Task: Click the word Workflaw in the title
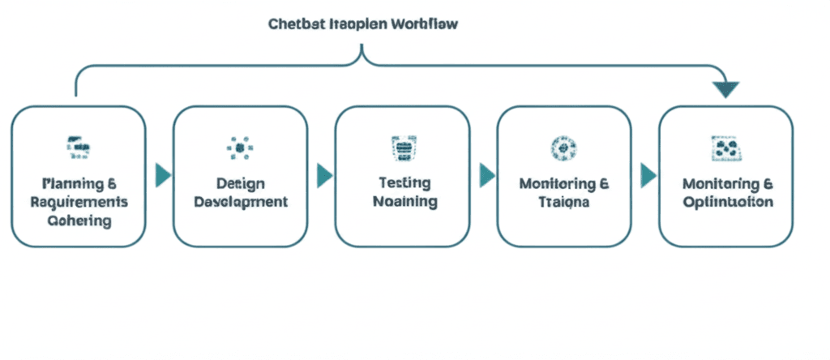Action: pyautogui.click(x=423, y=24)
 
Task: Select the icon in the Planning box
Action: pyautogui.click(x=79, y=147)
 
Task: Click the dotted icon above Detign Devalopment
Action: pyautogui.click(x=240, y=147)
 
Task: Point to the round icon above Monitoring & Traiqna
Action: pyautogui.click(x=563, y=148)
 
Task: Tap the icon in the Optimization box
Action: pyautogui.click(x=725, y=147)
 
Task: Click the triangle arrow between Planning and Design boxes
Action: pyautogui.click(x=163, y=174)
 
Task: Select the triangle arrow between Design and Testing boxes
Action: pyautogui.click(x=324, y=175)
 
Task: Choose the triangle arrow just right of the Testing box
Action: pyautogui.click(x=486, y=175)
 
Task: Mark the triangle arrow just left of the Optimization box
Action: pyautogui.click(x=648, y=175)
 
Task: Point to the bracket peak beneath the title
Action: pyautogui.click(x=362, y=52)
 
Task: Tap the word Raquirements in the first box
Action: pyautogui.click(x=79, y=201)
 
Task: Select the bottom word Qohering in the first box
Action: pyautogui.click(x=79, y=221)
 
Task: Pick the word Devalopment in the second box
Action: pyautogui.click(x=241, y=202)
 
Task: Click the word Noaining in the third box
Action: pyautogui.click(x=404, y=201)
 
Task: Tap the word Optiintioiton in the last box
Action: pyautogui.click(x=727, y=202)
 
